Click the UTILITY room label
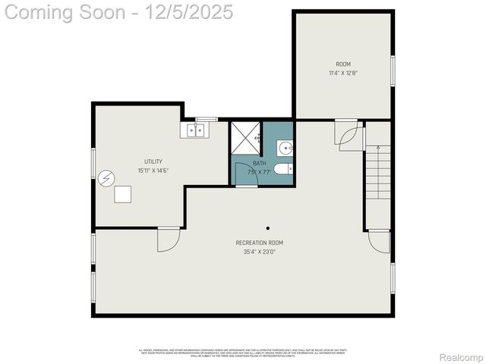[153, 162]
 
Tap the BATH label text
[260, 163]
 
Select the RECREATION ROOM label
[259, 243]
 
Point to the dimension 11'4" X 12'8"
[343, 74]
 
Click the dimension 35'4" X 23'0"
[259, 252]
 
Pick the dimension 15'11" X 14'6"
[153, 171]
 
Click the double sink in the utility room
[194, 131]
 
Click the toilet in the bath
[283, 169]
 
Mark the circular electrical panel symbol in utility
[106, 178]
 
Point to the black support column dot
[267, 227]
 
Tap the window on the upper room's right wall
[393, 71]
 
